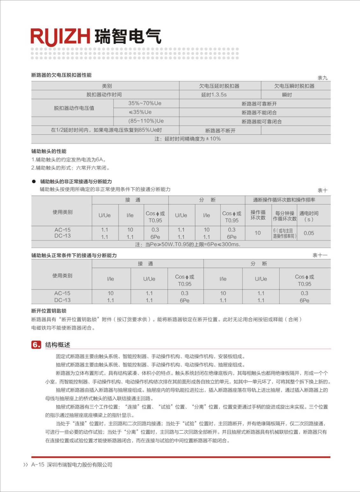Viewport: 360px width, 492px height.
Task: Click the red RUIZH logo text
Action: (60, 37)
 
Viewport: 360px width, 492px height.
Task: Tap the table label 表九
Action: (322, 78)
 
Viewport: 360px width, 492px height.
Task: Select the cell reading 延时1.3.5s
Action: (214, 95)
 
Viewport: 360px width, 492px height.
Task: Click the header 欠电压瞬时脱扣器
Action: (294, 86)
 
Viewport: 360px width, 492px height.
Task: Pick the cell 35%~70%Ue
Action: (145, 103)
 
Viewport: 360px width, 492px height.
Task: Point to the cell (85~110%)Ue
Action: (146, 121)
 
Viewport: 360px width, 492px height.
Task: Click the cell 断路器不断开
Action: (220, 131)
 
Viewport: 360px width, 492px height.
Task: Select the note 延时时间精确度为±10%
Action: (188, 139)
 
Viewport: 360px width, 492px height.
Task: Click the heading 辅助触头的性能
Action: (49, 151)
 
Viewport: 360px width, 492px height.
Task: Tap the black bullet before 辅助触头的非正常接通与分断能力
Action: (34, 182)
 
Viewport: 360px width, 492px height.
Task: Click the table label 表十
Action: (322, 190)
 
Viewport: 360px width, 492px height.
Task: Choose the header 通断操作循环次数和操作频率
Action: (284, 200)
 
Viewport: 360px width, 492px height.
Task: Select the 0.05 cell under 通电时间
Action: (309, 233)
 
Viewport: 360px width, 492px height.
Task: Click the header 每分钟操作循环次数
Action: (284, 216)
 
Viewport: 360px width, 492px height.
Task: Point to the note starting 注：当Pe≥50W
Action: (188, 245)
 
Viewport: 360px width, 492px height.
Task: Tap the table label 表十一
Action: (320, 255)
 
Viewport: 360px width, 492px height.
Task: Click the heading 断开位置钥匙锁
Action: (49, 311)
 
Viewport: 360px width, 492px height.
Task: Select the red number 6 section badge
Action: (36, 345)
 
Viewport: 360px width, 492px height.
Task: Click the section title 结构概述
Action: (58, 345)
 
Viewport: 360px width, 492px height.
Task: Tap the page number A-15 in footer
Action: (38, 465)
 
